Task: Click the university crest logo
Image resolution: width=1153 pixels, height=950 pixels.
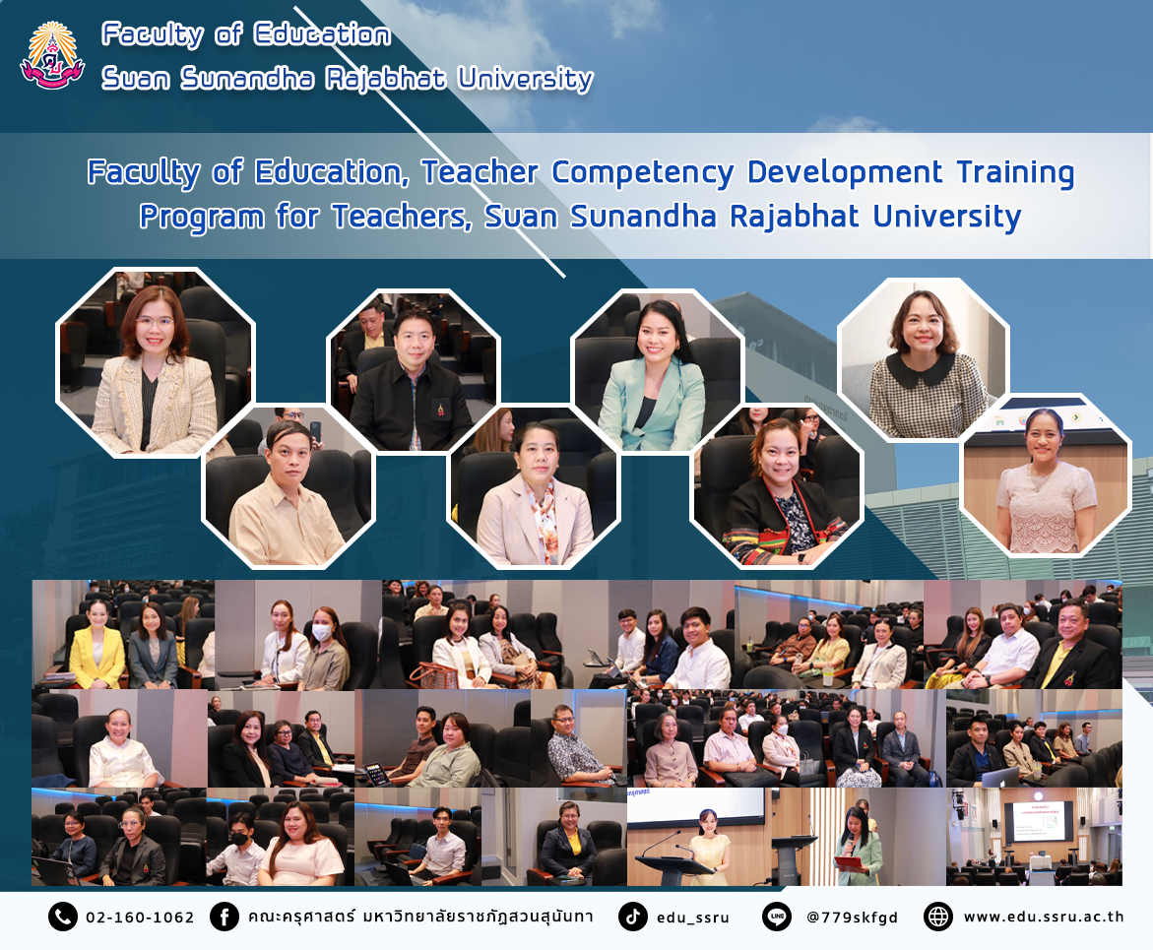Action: [52, 56]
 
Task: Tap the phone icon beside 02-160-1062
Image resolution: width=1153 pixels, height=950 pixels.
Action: [62, 917]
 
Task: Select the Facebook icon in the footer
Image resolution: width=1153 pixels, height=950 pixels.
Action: [224, 917]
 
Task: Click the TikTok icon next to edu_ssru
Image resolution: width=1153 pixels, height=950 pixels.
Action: [632, 917]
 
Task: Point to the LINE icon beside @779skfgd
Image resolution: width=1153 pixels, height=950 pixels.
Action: [777, 917]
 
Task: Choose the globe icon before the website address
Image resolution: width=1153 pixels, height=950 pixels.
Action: [938, 917]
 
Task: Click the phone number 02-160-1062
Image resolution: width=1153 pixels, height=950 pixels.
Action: [140, 918]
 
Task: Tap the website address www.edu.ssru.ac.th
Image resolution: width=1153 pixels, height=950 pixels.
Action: [1044, 917]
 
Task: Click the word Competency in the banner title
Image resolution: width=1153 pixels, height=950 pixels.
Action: [643, 173]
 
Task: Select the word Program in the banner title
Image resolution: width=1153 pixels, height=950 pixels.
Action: [202, 218]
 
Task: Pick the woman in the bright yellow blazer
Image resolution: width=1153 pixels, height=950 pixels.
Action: [97, 647]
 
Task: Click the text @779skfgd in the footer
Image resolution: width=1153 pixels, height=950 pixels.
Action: [853, 918]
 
